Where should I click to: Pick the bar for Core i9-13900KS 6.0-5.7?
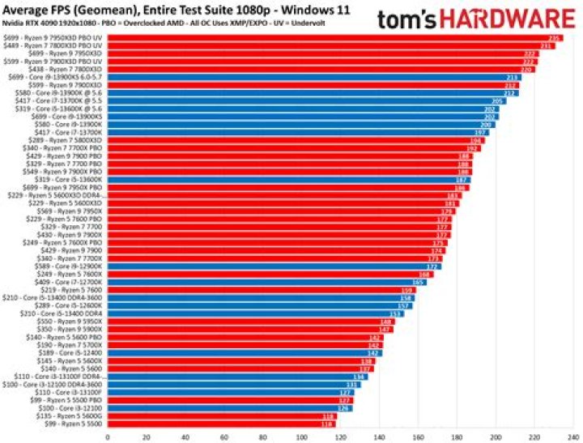(308, 76)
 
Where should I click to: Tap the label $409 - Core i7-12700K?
(70, 282)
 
